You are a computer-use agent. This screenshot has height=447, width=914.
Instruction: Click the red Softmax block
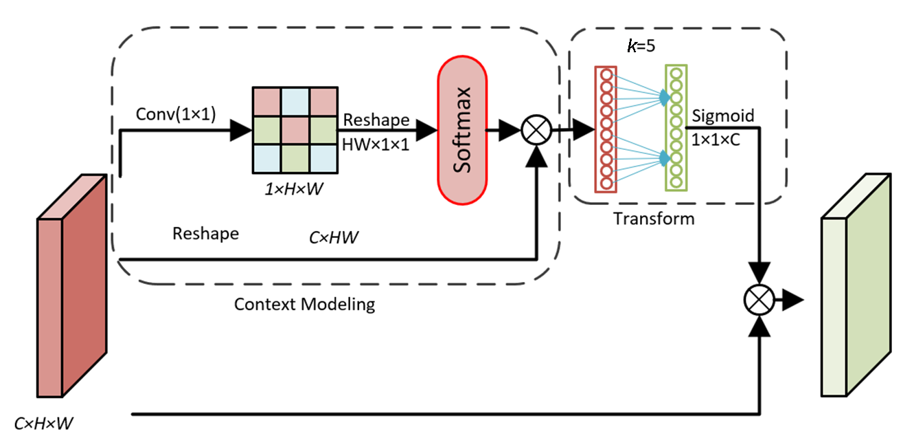(462, 131)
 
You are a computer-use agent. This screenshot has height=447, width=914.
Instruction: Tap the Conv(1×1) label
(176, 116)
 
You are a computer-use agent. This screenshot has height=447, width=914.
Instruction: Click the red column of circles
(606, 129)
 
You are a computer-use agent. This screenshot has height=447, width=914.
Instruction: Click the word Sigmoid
(722, 116)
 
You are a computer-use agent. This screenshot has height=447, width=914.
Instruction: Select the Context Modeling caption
(304, 303)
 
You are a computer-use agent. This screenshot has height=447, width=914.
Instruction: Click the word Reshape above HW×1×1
(376, 120)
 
